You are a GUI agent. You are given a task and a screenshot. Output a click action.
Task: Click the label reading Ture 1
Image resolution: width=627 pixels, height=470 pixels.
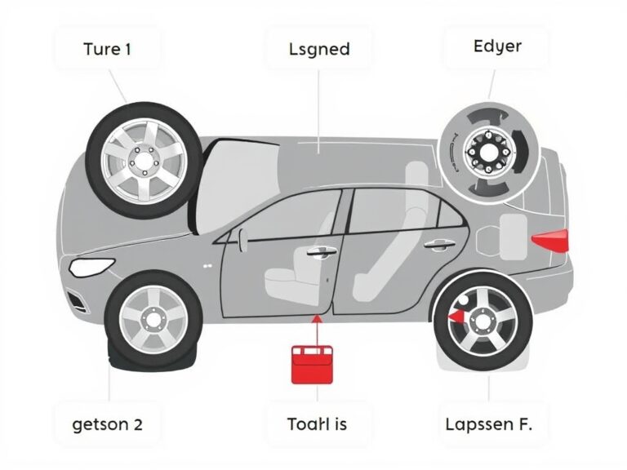click(x=107, y=48)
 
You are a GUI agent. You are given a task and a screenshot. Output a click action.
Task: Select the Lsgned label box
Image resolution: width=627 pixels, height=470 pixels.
click(x=318, y=49)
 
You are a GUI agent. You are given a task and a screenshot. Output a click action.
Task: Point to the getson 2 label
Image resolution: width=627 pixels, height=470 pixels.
click(x=107, y=423)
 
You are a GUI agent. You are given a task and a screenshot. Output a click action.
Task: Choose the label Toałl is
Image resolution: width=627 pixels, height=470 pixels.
click(x=318, y=423)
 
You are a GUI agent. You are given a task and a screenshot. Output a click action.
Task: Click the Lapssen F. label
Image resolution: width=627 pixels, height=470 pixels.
click(x=496, y=423)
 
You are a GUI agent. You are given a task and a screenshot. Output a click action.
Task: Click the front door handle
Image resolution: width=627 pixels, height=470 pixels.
click(x=320, y=251)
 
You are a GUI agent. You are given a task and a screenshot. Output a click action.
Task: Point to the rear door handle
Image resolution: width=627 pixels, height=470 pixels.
click(x=438, y=244)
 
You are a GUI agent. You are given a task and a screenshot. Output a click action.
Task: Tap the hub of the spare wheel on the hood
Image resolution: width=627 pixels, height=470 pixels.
click(x=144, y=160)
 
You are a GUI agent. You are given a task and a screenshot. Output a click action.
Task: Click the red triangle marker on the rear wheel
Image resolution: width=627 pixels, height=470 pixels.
click(x=455, y=315)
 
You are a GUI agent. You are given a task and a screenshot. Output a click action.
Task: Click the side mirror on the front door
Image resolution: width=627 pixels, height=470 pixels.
click(x=242, y=237)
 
